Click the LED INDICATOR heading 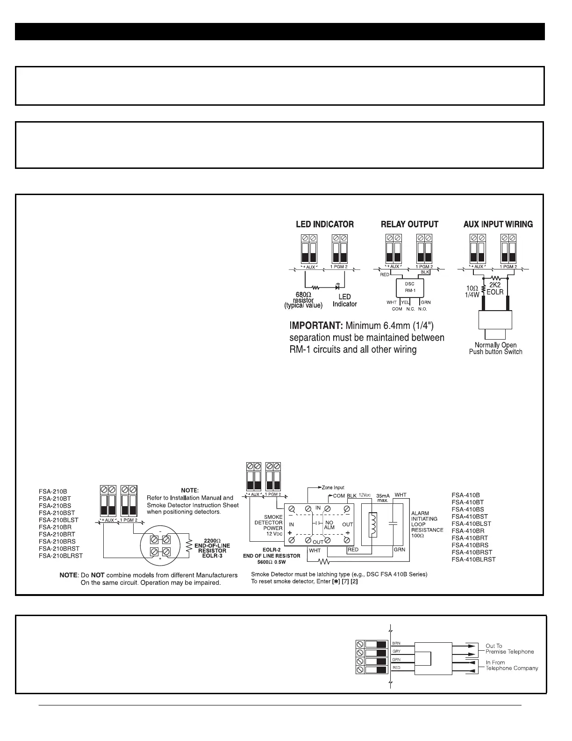coord(325,225)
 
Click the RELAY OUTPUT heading coord(409,225)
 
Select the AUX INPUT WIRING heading coord(498,225)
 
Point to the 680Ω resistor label coord(303,300)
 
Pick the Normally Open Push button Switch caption coord(495,349)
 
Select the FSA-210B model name coord(52,492)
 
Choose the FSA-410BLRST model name coord(473,559)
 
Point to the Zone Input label coord(333,488)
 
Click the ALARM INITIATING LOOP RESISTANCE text coord(427,522)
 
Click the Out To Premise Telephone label coord(509,649)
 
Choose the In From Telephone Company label coord(512,665)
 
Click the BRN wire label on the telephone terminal coord(396,643)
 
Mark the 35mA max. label coord(383,497)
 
